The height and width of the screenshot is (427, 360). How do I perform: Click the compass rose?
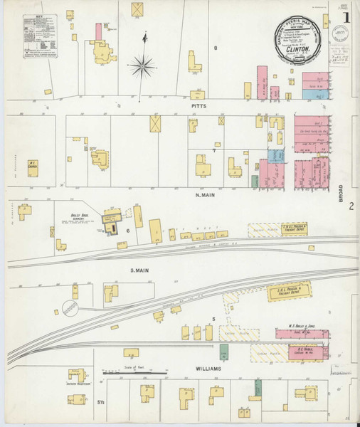point(143,67)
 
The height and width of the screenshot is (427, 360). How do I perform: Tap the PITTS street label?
point(198,105)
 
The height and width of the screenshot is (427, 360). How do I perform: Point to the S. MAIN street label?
point(140,270)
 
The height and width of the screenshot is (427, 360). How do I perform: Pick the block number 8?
point(216,48)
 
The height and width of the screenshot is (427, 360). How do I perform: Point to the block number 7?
point(213,150)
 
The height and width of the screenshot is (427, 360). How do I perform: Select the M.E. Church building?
point(33,164)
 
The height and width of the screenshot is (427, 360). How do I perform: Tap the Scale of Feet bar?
point(134,372)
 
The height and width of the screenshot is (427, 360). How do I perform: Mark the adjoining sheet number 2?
point(351,207)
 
